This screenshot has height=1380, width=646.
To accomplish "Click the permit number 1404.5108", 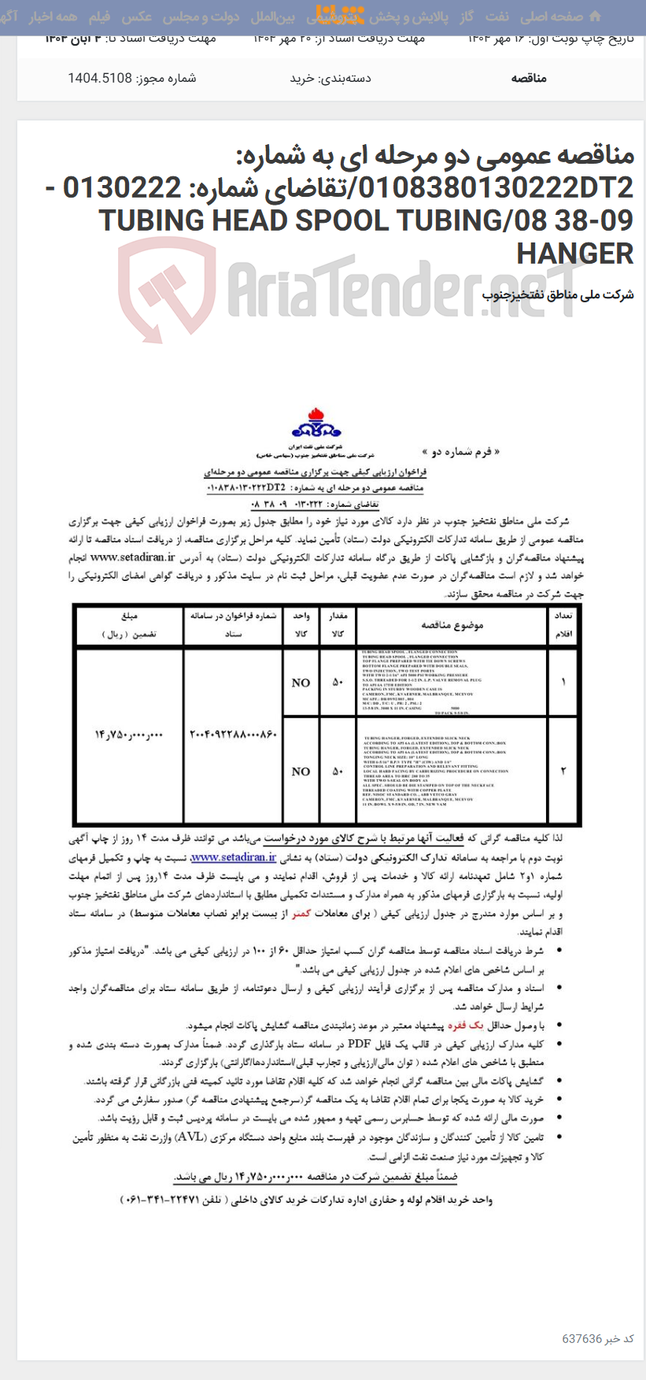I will click(x=99, y=78).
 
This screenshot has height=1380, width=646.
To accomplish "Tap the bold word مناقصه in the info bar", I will click(x=528, y=78).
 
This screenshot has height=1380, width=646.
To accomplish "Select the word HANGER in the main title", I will click(x=574, y=253).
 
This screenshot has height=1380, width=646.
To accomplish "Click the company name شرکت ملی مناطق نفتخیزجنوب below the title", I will click(x=557, y=295).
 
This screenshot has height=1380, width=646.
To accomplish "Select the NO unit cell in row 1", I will click(x=301, y=683).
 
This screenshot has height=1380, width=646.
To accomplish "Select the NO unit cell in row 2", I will click(x=301, y=771).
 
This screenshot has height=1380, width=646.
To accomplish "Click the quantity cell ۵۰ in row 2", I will click(x=338, y=771).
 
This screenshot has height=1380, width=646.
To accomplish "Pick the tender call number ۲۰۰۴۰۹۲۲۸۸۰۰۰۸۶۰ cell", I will click(x=233, y=734).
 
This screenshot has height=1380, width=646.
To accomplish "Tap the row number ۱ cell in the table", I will click(x=563, y=683).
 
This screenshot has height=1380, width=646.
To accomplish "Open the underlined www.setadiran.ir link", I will click(x=233, y=857).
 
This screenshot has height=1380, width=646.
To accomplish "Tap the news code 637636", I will click(x=581, y=1338).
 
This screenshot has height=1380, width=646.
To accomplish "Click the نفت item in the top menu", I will click(x=496, y=17).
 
